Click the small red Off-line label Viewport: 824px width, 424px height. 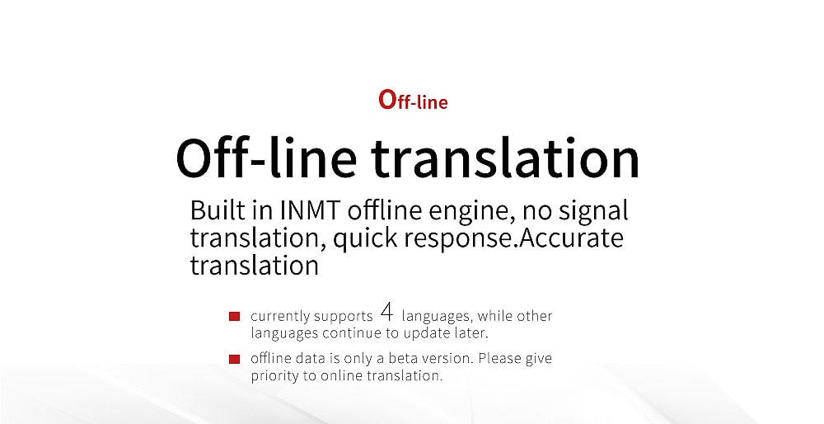[413, 100]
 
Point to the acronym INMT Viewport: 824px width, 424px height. [311, 210]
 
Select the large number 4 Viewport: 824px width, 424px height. [386, 313]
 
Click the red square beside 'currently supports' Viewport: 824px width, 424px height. [234, 316]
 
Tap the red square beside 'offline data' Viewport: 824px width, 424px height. [234, 360]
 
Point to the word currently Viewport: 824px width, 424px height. [280, 317]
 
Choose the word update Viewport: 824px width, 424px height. [423, 333]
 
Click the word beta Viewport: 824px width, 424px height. [402, 358]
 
